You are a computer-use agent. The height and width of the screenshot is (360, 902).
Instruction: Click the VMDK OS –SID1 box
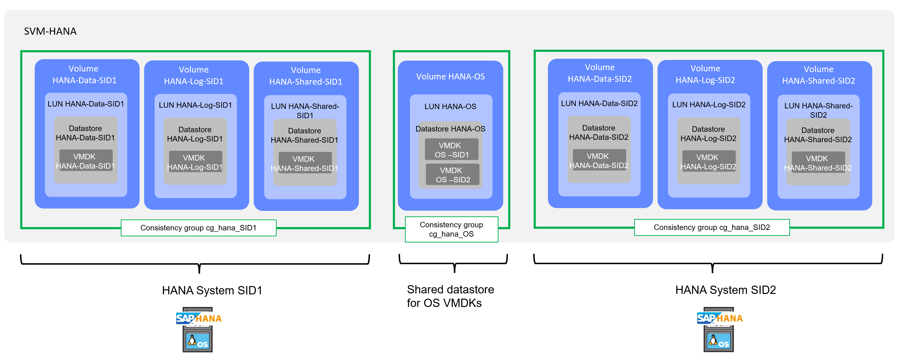[451, 150]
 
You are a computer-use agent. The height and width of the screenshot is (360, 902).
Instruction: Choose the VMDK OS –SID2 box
[452, 175]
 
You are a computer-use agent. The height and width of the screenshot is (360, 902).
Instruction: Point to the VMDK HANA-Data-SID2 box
[599, 161]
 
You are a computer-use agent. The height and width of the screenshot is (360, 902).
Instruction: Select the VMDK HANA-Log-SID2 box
[709, 161]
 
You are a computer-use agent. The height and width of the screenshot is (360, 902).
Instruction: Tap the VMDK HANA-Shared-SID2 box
[818, 163]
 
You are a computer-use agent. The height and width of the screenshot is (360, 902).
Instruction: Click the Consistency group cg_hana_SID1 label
[199, 228]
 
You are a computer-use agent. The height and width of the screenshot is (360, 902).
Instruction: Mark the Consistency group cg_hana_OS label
[451, 229]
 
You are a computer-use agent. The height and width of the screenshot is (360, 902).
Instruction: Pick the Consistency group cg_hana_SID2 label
[712, 228]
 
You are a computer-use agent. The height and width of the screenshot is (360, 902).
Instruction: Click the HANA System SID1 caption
[212, 290]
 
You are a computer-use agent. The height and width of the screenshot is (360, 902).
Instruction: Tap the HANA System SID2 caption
[726, 290]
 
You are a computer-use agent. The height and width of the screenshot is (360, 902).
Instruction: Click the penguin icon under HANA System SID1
[192, 340]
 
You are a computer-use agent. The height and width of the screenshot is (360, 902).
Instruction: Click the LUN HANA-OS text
[450, 107]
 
